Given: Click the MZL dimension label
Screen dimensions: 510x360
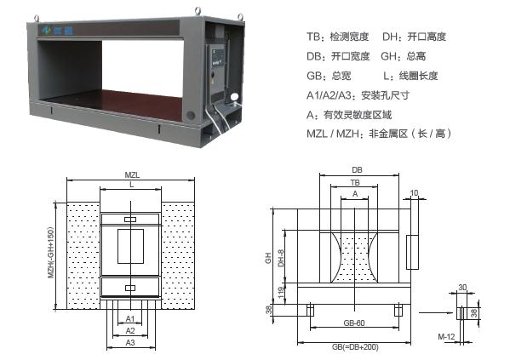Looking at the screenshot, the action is [x=132, y=175].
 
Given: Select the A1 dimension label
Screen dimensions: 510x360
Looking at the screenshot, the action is [x=130, y=318].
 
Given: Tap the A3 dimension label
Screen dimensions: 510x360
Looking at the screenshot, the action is [x=130, y=342].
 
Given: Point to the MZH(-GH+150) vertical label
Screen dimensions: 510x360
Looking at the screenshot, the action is [x=50, y=253].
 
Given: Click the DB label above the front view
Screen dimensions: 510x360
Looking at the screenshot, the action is [x=357, y=169].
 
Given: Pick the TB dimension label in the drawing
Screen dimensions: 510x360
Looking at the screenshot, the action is [x=355, y=182].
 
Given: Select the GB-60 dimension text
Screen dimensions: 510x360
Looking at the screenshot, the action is [x=354, y=323].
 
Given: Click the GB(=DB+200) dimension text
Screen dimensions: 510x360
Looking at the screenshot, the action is [x=355, y=347].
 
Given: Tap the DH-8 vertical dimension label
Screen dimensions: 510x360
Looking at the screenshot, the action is [x=281, y=258].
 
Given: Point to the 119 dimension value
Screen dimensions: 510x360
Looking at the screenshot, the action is [x=282, y=294].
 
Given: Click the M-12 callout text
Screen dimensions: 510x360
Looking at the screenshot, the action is [x=446, y=336].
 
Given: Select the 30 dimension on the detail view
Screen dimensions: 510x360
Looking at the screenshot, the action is [x=462, y=288].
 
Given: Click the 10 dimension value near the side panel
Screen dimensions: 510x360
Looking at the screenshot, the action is [x=414, y=193].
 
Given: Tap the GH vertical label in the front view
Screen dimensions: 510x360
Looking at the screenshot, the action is [x=268, y=258].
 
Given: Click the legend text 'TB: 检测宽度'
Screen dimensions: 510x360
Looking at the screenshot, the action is [x=338, y=37].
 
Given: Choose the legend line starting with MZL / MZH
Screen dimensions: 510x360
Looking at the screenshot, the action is [x=379, y=134].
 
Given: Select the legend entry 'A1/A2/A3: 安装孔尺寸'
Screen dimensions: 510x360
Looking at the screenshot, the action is [x=358, y=95].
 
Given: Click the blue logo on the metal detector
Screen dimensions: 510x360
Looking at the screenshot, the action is [x=57, y=31].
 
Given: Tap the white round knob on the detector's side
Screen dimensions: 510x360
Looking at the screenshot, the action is [x=234, y=96].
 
